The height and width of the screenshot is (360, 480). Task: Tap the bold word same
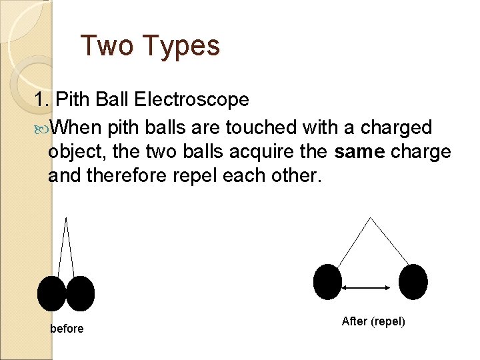(360, 152)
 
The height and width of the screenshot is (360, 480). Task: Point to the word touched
(259, 127)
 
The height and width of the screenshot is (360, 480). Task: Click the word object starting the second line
(77, 153)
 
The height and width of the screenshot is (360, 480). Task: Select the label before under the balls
(67, 329)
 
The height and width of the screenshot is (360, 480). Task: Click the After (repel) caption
(373, 321)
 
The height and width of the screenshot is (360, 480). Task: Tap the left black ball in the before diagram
(52, 293)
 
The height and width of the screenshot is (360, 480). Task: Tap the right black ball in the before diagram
(81, 293)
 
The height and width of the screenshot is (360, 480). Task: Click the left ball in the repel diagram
(327, 282)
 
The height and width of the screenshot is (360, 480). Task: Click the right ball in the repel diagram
(413, 282)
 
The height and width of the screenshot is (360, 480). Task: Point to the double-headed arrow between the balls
(366, 287)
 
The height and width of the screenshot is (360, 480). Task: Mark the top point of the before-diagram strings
(66, 217)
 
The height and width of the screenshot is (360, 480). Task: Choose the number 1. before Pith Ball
(43, 100)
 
